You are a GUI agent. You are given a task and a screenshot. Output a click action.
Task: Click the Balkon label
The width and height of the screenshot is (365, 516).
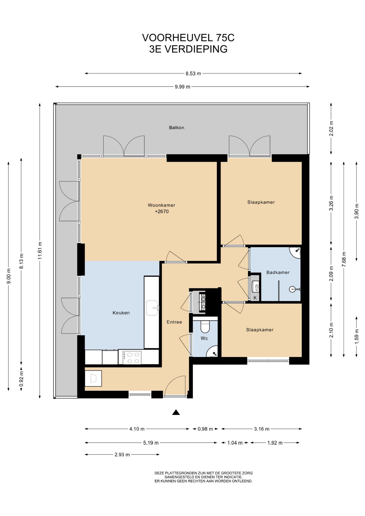[x=177, y=128]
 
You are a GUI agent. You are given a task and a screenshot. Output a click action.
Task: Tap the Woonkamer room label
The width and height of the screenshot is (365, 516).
[x=162, y=205]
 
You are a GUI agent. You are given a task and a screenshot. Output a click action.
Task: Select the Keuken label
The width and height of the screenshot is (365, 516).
[x=121, y=313]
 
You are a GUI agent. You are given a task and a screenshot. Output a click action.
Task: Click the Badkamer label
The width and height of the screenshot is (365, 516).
[x=278, y=273]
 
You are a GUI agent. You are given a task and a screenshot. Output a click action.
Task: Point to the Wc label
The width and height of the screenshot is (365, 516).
[x=204, y=338]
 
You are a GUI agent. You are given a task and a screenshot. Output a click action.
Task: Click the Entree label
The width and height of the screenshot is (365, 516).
[x=174, y=322]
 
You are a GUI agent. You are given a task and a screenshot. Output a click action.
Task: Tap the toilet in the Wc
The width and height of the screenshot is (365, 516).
[x=205, y=327]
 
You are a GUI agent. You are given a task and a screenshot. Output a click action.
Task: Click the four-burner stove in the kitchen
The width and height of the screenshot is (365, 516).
[x=132, y=358]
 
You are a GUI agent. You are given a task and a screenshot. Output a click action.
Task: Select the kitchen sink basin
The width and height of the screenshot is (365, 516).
[x=152, y=308]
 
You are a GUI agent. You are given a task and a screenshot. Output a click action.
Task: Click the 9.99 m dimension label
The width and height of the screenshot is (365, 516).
[x=182, y=87]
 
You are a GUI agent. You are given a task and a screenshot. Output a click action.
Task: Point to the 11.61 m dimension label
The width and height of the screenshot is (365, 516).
[x=40, y=251]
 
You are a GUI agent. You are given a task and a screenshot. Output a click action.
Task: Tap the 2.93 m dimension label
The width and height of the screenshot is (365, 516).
[x=122, y=454]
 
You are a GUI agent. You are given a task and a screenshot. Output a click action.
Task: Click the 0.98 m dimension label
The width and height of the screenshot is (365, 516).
[x=205, y=429]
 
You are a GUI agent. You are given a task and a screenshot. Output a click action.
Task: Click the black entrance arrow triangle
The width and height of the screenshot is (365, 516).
[x=176, y=412]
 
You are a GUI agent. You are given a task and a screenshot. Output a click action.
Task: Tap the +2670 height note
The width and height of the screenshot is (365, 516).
[x=162, y=212]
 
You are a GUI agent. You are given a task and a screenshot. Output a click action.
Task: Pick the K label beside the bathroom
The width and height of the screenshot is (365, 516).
[x=255, y=298]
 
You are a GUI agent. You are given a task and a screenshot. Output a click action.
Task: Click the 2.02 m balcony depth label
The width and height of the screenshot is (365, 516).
[x=331, y=128]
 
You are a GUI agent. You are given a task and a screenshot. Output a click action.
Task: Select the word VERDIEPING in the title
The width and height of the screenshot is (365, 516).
[x=196, y=49]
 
